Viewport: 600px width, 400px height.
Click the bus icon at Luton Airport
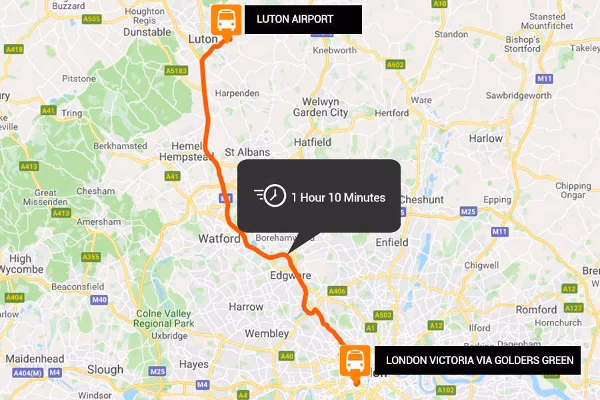pos(226,21)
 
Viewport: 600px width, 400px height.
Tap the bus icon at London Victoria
pos(355,361)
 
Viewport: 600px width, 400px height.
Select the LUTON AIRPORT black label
pos(303,19)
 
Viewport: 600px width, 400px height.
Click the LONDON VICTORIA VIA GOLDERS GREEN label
pos(478,361)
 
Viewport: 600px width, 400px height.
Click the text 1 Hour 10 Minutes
pos(338,197)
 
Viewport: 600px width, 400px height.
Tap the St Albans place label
pos(247,152)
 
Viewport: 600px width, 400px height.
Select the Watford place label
pos(219,239)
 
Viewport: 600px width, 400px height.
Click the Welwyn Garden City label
pos(320,107)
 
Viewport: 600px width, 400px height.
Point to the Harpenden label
pos(237,93)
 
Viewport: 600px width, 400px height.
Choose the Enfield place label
pos(391,242)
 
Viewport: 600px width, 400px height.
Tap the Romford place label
pos(536,309)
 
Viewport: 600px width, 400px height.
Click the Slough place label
pos(105,369)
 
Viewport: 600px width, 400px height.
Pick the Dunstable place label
pos(147,31)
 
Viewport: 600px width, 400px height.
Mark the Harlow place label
pos(485,139)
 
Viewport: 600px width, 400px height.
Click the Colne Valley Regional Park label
pos(163,319)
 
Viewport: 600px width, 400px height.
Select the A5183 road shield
pos(177,71)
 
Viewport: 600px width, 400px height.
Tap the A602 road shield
pos(395,65)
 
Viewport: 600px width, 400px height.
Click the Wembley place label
pos(267,333)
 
